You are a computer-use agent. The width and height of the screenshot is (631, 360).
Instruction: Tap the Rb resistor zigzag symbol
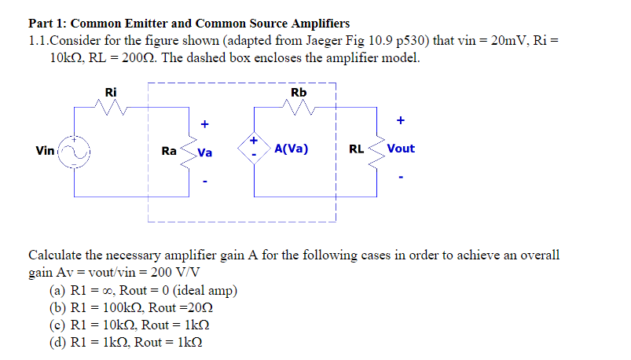coord(299,107)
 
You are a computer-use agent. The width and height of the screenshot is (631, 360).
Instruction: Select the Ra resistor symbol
coord(188,150)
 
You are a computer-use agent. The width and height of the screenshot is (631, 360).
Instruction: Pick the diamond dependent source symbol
coord(254,149)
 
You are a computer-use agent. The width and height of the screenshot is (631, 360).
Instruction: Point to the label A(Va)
coord(292,149)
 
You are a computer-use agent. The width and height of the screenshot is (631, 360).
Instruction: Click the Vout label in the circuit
coord(401,149)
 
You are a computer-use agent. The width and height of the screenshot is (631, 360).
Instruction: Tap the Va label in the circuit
coord(205,152)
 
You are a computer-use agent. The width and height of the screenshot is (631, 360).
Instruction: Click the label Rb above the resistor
coord(299,93)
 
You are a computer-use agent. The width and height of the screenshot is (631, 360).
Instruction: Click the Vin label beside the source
coord(46,149)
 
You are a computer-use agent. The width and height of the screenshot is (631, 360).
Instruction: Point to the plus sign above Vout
coord(401,121)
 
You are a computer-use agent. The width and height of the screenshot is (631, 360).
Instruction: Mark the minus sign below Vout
coord(401,177)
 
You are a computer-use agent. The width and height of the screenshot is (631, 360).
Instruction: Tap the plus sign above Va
coord(205,123)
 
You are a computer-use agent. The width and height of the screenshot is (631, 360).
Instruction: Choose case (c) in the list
coord(130,325)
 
